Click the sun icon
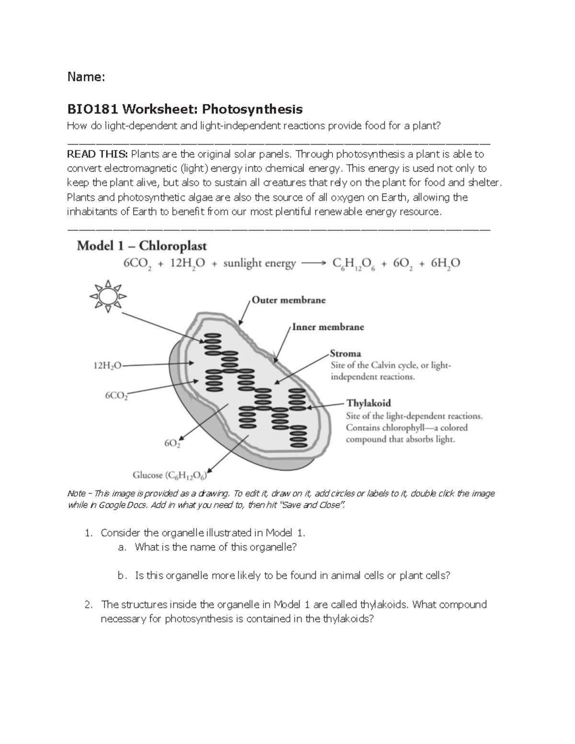(x=108, y=296)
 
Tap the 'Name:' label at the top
(x=85, y=77)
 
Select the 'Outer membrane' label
(x=288, y=300)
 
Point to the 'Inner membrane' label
(x=328, y=327)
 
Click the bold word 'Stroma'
(x=345, y=354)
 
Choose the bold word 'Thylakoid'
(x=368, y=403)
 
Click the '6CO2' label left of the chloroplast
(x=116, y=396)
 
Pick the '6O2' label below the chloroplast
(x=172, y=444)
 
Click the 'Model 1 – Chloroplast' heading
(x=142, y=246)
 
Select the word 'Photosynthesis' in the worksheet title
(x=252, y=109)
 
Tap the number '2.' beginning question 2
(x=88, y=605)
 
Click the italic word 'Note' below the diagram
(x=76, y=493)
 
